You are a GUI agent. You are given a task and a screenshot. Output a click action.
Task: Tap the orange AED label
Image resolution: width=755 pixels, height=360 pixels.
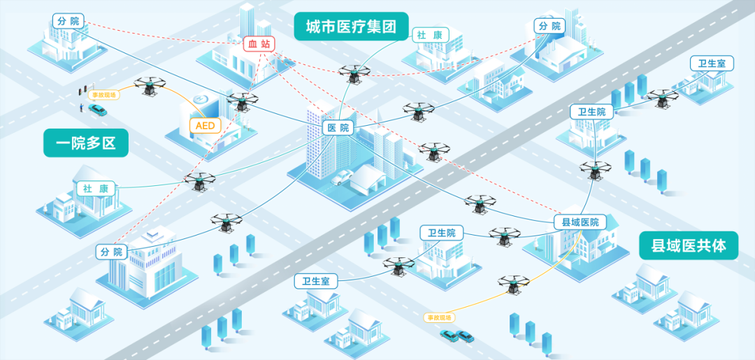206,126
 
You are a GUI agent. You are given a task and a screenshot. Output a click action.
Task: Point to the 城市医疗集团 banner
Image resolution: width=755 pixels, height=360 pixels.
351,27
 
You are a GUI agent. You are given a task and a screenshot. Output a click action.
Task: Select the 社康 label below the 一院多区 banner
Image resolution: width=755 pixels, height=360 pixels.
95,189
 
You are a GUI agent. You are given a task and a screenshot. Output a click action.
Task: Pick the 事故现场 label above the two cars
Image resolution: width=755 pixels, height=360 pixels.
440,317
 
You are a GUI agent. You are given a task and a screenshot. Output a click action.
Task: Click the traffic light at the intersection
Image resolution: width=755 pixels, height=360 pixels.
83,92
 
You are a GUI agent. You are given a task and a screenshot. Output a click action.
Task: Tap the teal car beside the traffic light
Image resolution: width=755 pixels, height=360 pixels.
97,110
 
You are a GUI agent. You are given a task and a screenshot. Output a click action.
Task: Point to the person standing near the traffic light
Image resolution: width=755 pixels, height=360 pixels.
81,108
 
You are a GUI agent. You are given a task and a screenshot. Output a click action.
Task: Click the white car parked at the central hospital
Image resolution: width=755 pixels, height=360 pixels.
342,178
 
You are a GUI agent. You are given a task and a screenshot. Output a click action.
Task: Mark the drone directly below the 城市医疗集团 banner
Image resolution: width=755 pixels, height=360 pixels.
352,72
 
